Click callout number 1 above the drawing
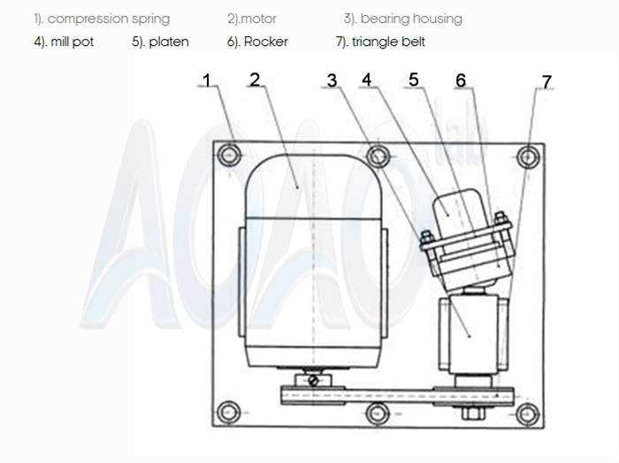point(207,80)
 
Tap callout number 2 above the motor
point(255,80)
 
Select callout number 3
point(332,80)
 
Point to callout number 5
point(413,80)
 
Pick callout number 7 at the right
point(546,81)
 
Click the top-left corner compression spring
point(233,156)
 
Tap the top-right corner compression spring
point(528,156)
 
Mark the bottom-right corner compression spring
point(528,411)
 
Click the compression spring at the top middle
point(379,156)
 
